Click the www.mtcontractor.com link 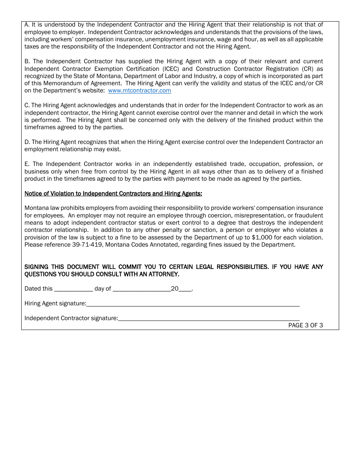click(x=139, y=91)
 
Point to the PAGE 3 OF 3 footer click(x=305, y=325)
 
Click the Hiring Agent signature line click(x=193, y=303)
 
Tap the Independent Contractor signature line click(x=209, y=318)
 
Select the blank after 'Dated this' click(x=74, y=289)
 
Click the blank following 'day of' click(x=142, y=289)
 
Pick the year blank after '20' click(x=185, y=289)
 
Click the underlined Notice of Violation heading click(x=113, y=194)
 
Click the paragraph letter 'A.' click(x=27, y=25)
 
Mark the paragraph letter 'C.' click(x=27, y=105)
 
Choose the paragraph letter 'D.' click(x=27, y=142)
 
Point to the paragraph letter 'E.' click(x=27, y=164)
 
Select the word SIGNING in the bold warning click(x=36, y=267)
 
